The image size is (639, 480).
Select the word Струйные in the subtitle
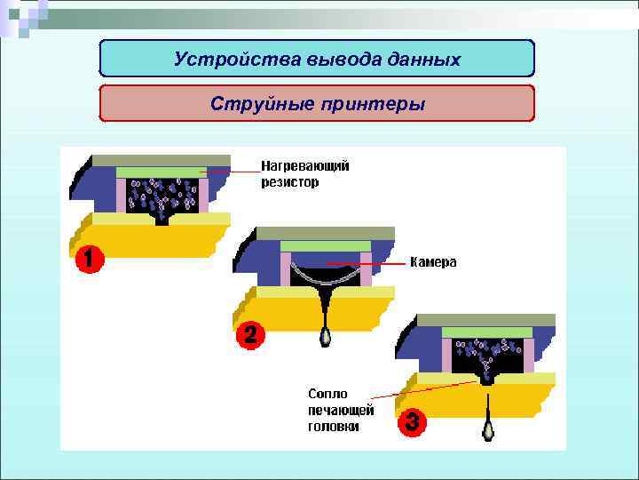[250, 104]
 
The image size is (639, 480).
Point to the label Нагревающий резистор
[304, 173]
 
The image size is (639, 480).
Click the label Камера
[433, 262]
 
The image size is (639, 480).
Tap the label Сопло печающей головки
[341, 409]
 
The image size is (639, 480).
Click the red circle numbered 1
[87, 259]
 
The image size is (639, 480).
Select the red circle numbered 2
[250, 335]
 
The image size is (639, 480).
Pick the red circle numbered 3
[411, 423]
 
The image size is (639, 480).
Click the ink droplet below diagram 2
[325, 338]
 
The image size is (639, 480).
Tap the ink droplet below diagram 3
[487, 430]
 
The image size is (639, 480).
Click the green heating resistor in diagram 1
[160, 172]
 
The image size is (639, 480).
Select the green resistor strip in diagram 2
[324, 246]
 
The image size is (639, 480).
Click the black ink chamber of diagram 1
[161, 199]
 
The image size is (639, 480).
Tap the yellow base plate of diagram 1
[151, 236]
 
